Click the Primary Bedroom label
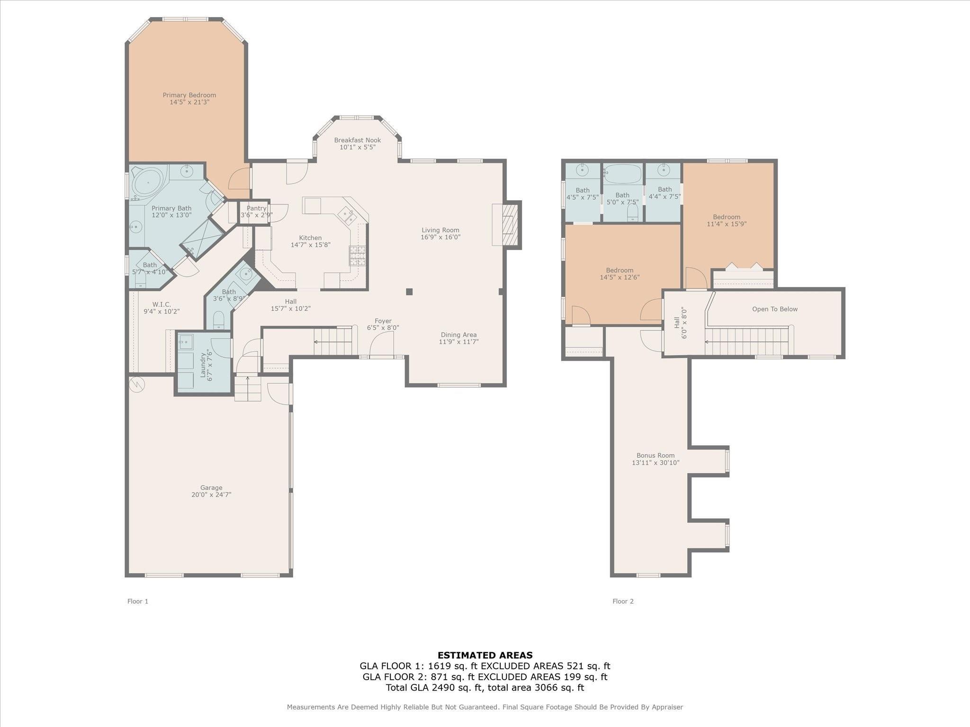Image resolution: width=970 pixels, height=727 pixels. coord(189,95)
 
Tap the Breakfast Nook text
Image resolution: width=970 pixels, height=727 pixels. coord(357,140)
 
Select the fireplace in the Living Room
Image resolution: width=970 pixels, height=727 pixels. coord(507,225)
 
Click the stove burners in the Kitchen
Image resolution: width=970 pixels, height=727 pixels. coord(357,255)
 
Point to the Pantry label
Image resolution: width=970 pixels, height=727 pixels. coord(256,208)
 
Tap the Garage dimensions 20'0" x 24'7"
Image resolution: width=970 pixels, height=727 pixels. coord(211,495)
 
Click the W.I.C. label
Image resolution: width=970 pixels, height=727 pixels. coord(162,304)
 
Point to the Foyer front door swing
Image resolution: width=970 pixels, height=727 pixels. coord(382,344)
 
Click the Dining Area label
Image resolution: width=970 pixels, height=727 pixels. coord(458,335)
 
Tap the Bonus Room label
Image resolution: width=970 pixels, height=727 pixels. coord(656,455)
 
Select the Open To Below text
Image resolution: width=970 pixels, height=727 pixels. coord(775,309)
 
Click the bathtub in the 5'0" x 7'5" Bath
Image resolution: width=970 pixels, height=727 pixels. coord(622,174)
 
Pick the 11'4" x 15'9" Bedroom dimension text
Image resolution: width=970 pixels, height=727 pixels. coord(727,224)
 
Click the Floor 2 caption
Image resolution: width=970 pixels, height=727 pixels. coord(623,601)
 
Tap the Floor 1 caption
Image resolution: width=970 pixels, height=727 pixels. coord(138,601)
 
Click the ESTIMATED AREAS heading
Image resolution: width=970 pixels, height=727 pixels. coord(485,655)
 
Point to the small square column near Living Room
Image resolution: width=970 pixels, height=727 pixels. coord(409,292)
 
